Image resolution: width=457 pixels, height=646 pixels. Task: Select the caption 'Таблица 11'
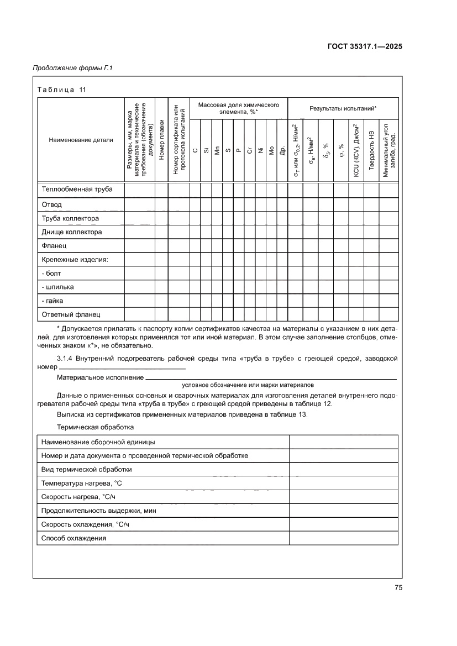point(61,90)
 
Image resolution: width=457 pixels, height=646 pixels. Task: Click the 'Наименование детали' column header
point(81,140)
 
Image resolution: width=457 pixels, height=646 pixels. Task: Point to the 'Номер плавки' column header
point(161,140)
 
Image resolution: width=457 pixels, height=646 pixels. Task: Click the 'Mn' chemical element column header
point(217,150)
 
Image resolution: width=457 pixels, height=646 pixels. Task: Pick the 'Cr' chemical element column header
point(250,150)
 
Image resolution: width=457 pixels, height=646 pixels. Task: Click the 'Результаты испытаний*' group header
point(343,109)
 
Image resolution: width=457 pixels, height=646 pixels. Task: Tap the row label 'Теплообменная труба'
point(77,190)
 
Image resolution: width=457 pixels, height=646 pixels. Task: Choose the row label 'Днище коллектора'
point(72,232)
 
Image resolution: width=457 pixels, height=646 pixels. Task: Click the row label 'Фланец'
point(54,246)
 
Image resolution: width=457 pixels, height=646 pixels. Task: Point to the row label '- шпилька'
point(58,287)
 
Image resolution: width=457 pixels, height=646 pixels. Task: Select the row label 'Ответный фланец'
point(71,315)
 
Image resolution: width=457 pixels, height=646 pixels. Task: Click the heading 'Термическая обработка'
point(96,427)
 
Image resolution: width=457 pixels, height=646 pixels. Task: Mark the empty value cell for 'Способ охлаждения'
point(343,538)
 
